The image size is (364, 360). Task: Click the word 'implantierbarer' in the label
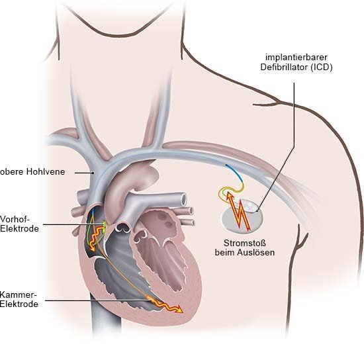pos(296,58)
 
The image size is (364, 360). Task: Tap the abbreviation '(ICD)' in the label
pos(322,67)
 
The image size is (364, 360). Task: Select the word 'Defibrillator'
pos(284,67)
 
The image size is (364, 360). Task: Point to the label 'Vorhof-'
pos(15,219)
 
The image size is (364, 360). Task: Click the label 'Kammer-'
pos(19,294)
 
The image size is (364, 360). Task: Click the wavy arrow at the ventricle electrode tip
pos(166,305)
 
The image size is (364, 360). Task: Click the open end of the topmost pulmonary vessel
pos(183,199)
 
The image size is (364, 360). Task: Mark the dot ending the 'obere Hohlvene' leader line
pos(93,173)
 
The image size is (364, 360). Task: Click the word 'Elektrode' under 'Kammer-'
pos(19,304)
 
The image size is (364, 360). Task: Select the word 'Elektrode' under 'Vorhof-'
pos(19,228)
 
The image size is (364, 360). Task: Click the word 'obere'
pos(12,172)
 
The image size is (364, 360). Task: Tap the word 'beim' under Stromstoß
pos(225,252)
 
